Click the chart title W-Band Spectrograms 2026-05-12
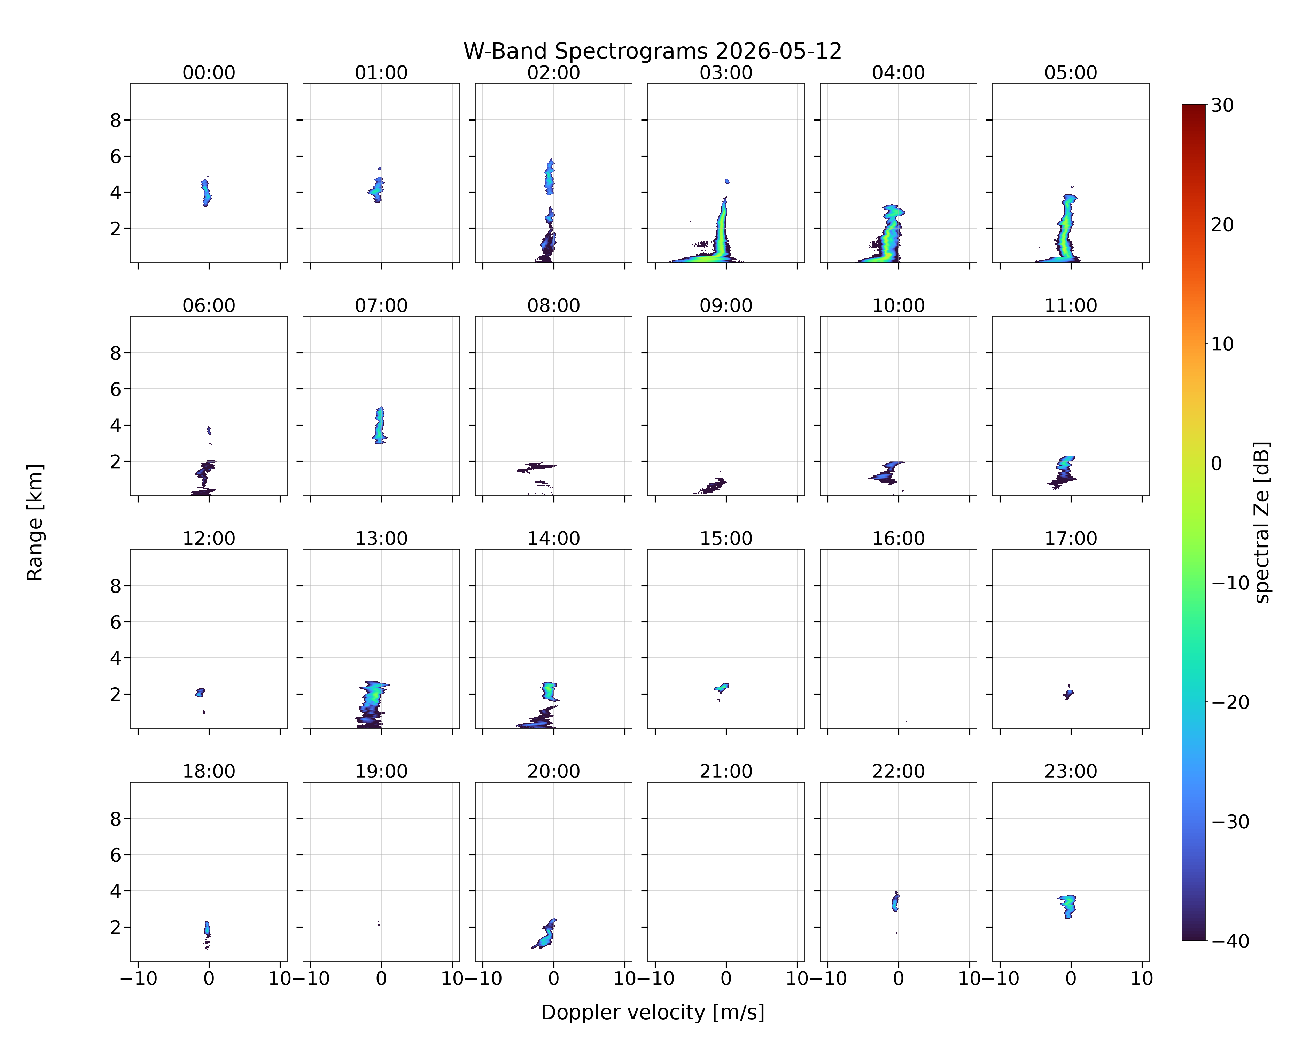coord(652,52)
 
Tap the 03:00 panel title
coord(726,73)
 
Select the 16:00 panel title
coord(898,539)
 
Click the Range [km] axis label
coord(35,522)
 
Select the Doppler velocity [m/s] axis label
coord(652,1012)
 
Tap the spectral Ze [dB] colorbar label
coord(1262,522)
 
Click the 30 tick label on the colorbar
coord(1222,106)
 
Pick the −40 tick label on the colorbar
coord(1230,941)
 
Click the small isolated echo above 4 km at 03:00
coord(727,181)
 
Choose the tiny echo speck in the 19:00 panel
coord(378,923)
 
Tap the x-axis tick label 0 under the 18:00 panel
coord(209,978)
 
